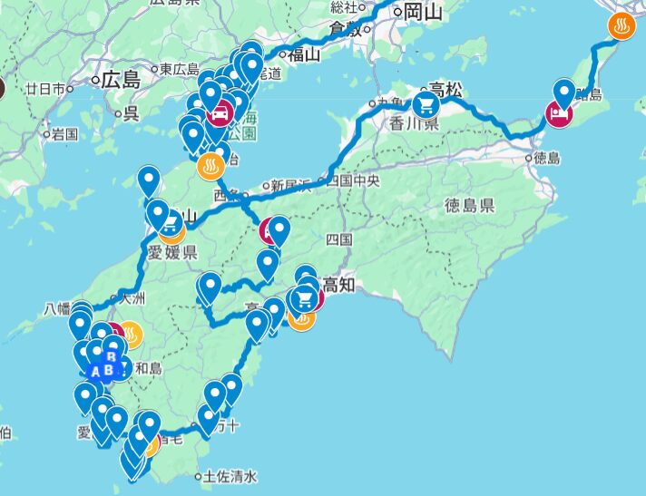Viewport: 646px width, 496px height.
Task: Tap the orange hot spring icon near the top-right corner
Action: pyautogui.click(x=622, y=26)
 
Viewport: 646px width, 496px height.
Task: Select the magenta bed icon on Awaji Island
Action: pyautogui.click(x=557, y=115)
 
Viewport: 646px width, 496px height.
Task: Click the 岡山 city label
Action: pyautogui.click(x=422, y=11)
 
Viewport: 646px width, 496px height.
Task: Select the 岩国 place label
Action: pyautogui.click(x=64, y=134)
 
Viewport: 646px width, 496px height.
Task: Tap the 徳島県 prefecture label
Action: pyautogui.click(x=470, y=206)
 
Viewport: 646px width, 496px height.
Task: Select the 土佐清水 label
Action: pyautogui.click(x=231, y=476)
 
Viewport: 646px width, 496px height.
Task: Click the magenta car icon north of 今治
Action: pyautogui.click(x=220, y=114)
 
